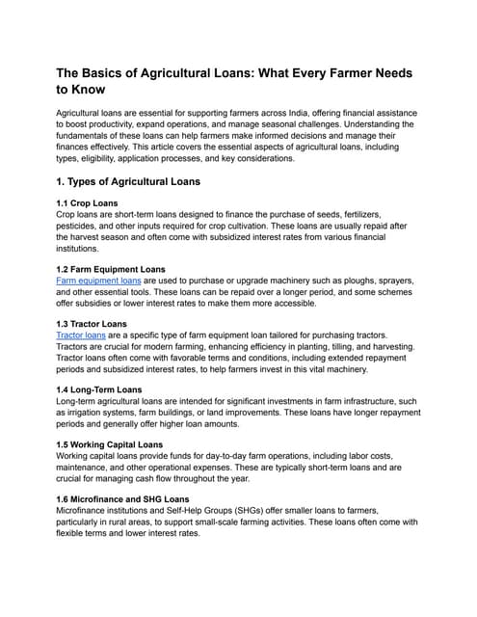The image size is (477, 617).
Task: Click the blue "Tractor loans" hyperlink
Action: [x=81, y=335]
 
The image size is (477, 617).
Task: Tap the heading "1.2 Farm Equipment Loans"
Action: [x=111, y=269]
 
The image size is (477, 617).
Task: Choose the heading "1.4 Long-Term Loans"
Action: [x=99, y=389]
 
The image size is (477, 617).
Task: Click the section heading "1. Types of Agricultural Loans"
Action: [x=128, y=181]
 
